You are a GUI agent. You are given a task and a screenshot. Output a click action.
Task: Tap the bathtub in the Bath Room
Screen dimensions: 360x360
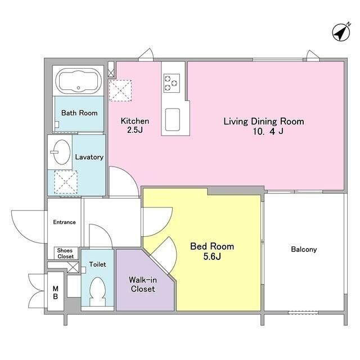pyautogui.click(x=79, y=81)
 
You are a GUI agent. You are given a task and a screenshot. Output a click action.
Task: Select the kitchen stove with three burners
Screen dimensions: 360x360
pyautogui.click(x=172, y=83)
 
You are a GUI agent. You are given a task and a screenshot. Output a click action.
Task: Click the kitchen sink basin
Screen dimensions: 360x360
pyautogui.click(x=173, y=119)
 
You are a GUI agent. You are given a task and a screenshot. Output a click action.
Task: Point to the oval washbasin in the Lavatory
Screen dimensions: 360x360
pyautogui.click(x=62, y=152)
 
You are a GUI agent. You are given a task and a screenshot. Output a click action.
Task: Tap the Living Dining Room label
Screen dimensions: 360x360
pyautogui.click(x=264, y=121)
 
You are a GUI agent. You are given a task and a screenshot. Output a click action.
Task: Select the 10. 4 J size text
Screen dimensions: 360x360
pyautogui.click(x=268, y=132)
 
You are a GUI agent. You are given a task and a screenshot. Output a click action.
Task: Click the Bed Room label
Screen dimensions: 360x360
pyautogui.click(x=212, y=246)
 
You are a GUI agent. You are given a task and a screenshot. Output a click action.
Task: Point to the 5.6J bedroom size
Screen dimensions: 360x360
pyautogui.click(x=212, y=256)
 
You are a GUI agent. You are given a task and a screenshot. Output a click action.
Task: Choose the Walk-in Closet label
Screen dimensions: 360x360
pyautogui.click(x=143, y=284)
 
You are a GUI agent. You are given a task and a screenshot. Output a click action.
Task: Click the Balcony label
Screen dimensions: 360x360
pyautogui.click(x=304, y=250)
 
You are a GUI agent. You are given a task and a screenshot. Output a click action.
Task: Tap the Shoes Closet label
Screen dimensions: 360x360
pyautogui.click(x=65, y=254)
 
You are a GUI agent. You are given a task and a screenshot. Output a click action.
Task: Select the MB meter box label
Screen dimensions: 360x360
pyautogui.click(x=55, y=292)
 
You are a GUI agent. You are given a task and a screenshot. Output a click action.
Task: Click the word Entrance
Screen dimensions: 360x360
pyautogui.click(x=64, y=222)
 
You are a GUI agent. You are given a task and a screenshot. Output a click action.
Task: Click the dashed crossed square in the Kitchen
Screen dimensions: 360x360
pyautogui.click(x=120, y=91)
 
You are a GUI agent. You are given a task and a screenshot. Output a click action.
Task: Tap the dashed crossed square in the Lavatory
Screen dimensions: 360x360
pyautogui.click(x=66, y=182)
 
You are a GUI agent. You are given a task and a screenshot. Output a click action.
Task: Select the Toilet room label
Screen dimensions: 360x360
pyautogui.click(x=97, y=264)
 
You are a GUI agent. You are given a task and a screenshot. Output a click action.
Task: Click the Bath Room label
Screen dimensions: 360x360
pyautogui.click(x=79, y=113)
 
